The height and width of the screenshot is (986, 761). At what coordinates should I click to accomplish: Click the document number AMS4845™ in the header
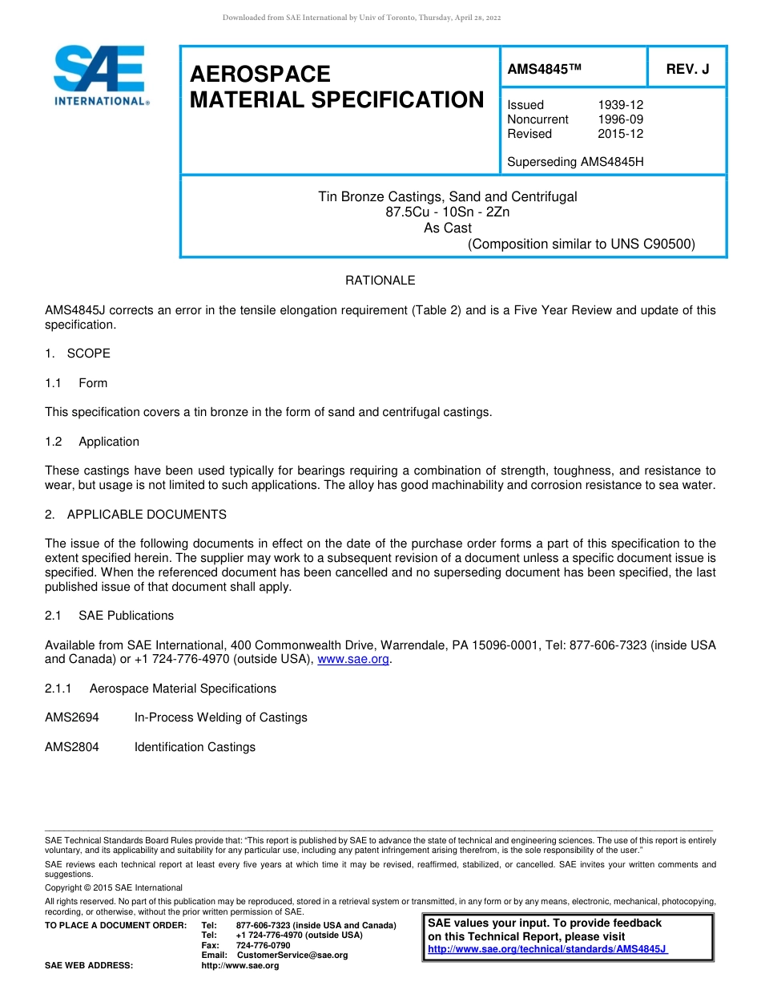pyautogui.click(x=543, y=70)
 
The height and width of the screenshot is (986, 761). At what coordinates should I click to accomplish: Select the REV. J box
pyautogui.click(x=687, y=70)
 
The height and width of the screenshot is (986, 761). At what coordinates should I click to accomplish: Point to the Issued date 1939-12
pyautogui.click(x=620, y=105)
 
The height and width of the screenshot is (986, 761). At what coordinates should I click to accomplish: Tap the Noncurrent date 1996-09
pyautogui.click(x=620, y=119)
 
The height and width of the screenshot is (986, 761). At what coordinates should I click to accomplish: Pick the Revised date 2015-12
pyautogui.click(x=620, y=134)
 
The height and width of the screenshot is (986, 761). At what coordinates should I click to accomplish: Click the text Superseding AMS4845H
pyautogui.click(x=575, y=162)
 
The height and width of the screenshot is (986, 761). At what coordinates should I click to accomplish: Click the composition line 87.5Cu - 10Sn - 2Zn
pyautogui.click(x=447, y=212)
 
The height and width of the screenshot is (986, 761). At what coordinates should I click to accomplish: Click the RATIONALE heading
pyautogui.click(x=380, y=281)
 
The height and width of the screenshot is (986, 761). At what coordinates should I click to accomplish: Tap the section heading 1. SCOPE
pyautogui.click(x=78, y=354)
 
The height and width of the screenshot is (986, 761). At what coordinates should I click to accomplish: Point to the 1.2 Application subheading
pyautogui.click(x=92, y=442)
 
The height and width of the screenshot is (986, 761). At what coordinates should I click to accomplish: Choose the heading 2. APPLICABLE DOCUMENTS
pyautogui.click(x=135, y=515)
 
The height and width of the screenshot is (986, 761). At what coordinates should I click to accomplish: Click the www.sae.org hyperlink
pyautogui.click(x=353, y=660)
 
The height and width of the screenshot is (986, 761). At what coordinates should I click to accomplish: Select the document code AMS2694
pyautogui.click(x=72, y=717)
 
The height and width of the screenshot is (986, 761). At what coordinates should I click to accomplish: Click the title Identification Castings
pyautogui.click(x=195, y=747)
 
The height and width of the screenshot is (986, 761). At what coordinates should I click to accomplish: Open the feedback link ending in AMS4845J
pyautogui.click(x=547, y=949)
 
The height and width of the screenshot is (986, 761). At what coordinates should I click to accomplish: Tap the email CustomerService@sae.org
pyautogui.click(x=292, y=955)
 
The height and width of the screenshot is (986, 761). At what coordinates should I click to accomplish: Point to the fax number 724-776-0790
pyautogui.click(x=263, y=945)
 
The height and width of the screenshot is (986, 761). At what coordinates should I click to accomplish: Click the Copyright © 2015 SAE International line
pyautogui.click(x=113, y=887)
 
